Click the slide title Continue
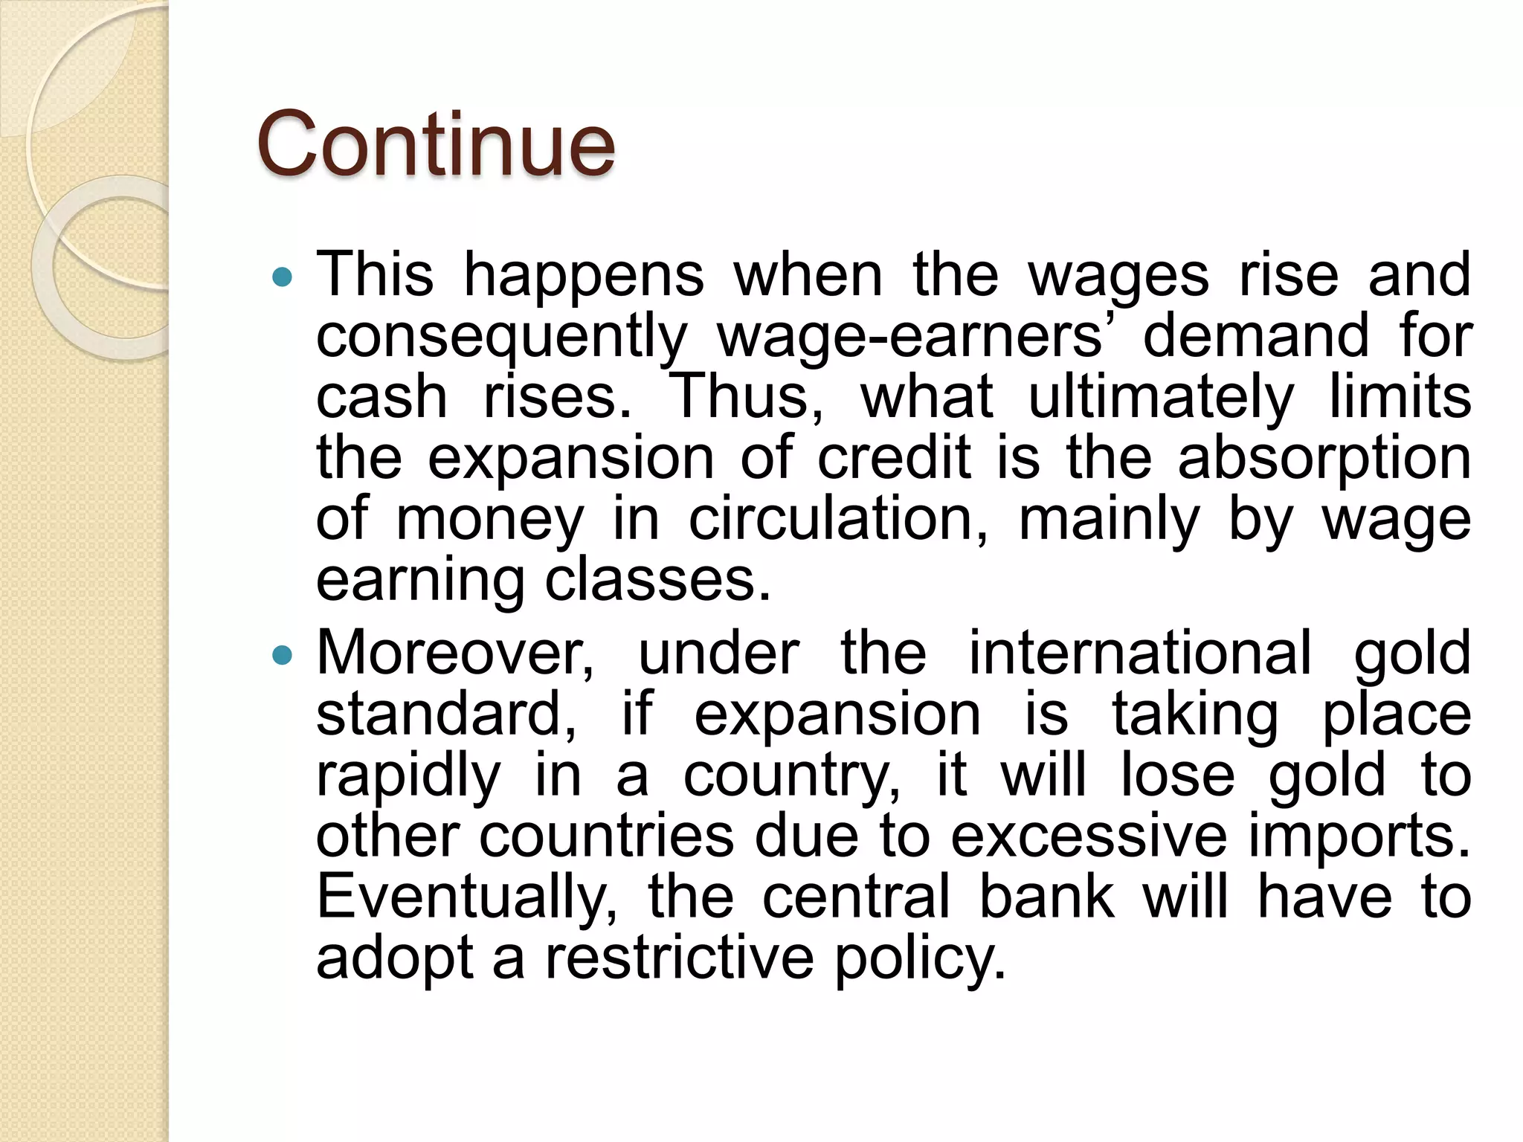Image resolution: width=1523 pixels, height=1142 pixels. tap(436, 144)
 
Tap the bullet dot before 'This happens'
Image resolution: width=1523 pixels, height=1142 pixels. tap(283, 278)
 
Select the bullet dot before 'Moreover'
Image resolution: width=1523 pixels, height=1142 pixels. tap(283, 656)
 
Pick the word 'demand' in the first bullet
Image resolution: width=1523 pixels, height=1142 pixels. tap(1255, 336)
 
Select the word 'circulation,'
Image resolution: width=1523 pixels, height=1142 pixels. tap(839, 519)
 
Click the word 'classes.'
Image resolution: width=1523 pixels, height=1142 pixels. tap(658, 580)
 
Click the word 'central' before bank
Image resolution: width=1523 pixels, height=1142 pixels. tap(856, 897)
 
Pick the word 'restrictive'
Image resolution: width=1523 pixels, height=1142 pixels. tap(680, 958)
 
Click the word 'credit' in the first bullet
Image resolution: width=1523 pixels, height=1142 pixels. tap(894, 458)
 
